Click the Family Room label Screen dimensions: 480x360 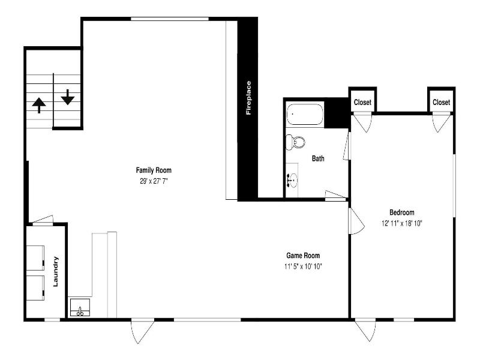point(154,170)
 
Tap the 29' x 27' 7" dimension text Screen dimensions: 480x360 point(154,181)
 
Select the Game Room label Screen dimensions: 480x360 point(303,256)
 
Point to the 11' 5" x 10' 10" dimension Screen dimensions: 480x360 point(303,266)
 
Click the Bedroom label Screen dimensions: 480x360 point(401,212)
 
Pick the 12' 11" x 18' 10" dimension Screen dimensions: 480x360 point(401,223)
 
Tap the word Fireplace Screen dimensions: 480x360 point(248,98)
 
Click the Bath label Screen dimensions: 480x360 point(318,158)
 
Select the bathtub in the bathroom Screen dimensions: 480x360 point(305,114)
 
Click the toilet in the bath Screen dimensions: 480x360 point(295,142)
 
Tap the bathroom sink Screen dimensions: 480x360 point(292,180)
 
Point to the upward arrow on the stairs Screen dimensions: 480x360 point(39,106)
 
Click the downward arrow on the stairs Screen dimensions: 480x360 point(68,97)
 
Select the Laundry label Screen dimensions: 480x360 point(55,272)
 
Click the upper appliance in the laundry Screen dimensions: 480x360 point(35,258)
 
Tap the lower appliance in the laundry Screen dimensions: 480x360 point(35,288)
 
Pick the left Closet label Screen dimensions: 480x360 point(362,102)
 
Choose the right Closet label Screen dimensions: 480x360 point(441,102)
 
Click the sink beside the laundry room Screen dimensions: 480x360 point(80,307)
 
